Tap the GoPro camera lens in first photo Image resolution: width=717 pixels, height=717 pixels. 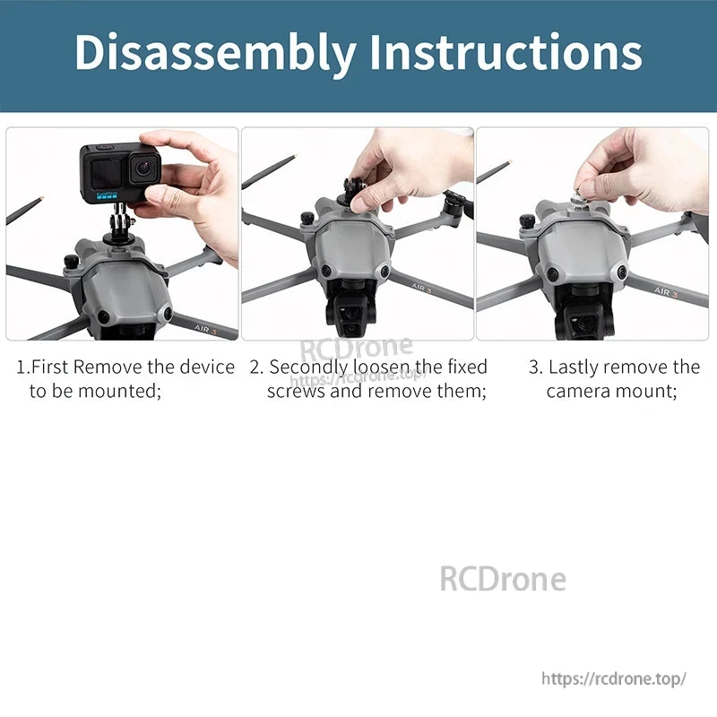point(142,168)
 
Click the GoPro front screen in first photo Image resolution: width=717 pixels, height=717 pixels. point(104,170)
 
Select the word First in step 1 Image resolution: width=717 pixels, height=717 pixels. point(50,367)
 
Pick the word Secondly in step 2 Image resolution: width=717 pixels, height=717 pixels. point(307,367)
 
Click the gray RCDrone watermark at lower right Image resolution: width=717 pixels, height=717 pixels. point(502,579)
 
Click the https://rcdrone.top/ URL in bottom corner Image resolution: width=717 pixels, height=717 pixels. point(614,678)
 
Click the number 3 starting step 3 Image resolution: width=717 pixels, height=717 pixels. point(535,367)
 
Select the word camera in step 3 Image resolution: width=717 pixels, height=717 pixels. point(580,392)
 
